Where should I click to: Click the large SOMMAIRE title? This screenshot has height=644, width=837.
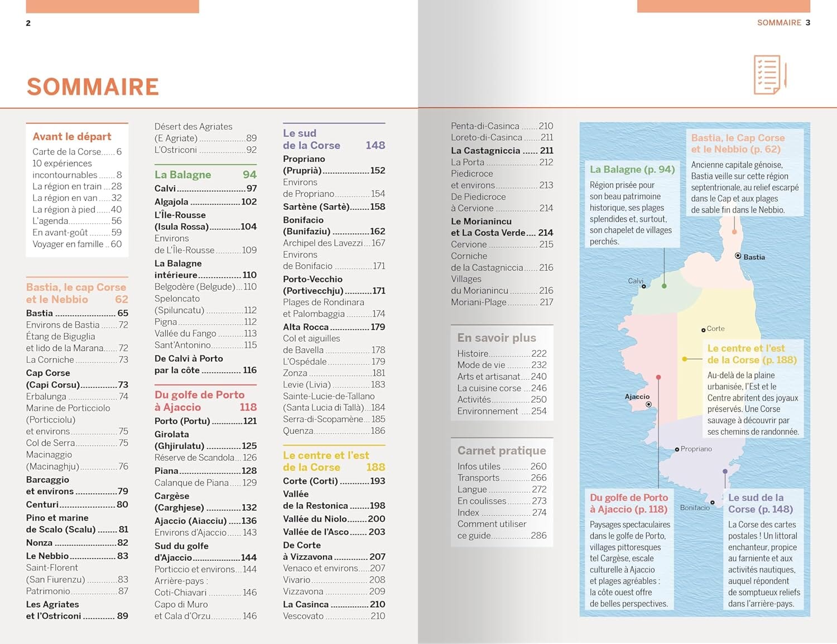coord(93,87)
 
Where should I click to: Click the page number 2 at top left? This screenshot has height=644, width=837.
coord(28,23)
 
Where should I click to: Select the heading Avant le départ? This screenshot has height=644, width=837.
coord(72,137)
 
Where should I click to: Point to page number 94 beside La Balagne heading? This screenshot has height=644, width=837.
coord(249,175)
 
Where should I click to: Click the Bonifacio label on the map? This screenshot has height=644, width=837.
coord(695,508)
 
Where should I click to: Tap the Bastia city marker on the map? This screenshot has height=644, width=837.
coord(738,256)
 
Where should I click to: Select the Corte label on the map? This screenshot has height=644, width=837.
coord(715,329)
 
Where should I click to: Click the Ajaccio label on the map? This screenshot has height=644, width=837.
coord(637,397)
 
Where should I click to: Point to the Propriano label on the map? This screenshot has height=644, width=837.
coord(696,449)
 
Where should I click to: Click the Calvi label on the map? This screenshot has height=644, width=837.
coord(636,281)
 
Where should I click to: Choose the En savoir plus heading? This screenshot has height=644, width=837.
coord(497,338)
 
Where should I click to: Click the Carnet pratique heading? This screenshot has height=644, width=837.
coord(502,450)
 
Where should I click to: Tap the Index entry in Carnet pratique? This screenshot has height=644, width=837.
coord(468,512)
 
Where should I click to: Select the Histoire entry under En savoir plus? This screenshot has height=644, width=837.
coord(473,353)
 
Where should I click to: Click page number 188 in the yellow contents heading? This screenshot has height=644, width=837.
coord(376,467)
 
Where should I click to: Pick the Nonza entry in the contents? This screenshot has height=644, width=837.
coord(40,542)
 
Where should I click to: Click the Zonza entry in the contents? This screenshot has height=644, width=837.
coord(295,373)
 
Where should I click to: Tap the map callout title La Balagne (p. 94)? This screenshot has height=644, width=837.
coord(632,169)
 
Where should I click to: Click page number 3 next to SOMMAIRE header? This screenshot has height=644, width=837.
coord(807,22)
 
